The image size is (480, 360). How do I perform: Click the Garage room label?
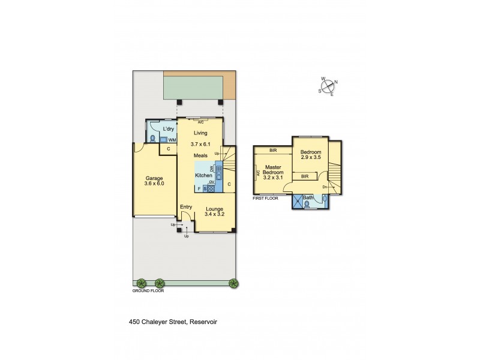[154, 178]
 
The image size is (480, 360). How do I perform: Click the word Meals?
[200, 155]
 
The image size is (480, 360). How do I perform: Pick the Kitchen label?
[203, 176]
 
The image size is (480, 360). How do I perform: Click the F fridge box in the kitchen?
[199, 189]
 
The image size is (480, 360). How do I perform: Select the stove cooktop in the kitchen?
[211, 188]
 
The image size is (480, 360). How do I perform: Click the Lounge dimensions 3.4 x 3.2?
[214, 214]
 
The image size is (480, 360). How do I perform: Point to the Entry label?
[187, 207]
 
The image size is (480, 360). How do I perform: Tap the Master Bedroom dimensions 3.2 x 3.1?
[274, 178]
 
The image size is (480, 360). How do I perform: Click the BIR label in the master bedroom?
[273, 150]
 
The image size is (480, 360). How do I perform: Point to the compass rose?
[328, 87]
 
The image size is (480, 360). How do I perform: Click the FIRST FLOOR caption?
[265, 198]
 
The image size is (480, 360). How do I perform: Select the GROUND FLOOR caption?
[148, 290]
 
